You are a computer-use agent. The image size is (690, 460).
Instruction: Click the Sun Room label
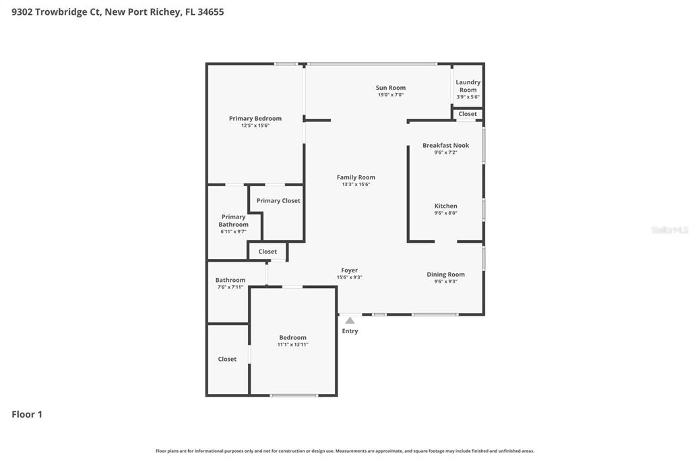(391, 88)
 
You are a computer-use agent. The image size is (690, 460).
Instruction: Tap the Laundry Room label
(468, 86)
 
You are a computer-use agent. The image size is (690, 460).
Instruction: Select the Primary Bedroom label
(255, 119)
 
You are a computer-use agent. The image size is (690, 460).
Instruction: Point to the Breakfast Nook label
(445, 145)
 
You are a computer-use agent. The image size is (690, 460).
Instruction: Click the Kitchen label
(445, 206)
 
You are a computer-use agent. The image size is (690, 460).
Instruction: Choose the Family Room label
(356, 177)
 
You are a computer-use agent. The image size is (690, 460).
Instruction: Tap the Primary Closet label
(278, 200)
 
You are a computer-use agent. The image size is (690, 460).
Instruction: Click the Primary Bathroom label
(233, 221)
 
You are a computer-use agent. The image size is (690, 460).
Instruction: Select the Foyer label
(349, 270)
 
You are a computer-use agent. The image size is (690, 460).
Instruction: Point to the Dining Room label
(445, 275)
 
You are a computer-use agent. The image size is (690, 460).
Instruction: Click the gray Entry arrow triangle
(350, 320)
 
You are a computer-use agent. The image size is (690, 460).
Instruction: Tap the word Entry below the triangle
(350, 331)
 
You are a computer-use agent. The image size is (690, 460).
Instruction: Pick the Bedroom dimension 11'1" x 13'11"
(292, 345)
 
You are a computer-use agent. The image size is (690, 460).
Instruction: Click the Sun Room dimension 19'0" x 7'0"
(391, 95)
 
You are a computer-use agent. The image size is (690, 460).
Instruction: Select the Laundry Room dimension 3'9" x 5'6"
(468, 97)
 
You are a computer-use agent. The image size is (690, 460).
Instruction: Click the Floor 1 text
(27, 414)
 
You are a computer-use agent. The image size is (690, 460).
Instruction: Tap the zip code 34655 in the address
(210, 11)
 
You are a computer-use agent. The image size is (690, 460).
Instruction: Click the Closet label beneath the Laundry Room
(468, 114)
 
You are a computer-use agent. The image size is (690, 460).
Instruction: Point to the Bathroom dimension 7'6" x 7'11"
(230, 287)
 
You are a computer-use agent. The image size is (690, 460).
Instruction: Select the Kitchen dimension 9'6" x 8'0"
(445, 213)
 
